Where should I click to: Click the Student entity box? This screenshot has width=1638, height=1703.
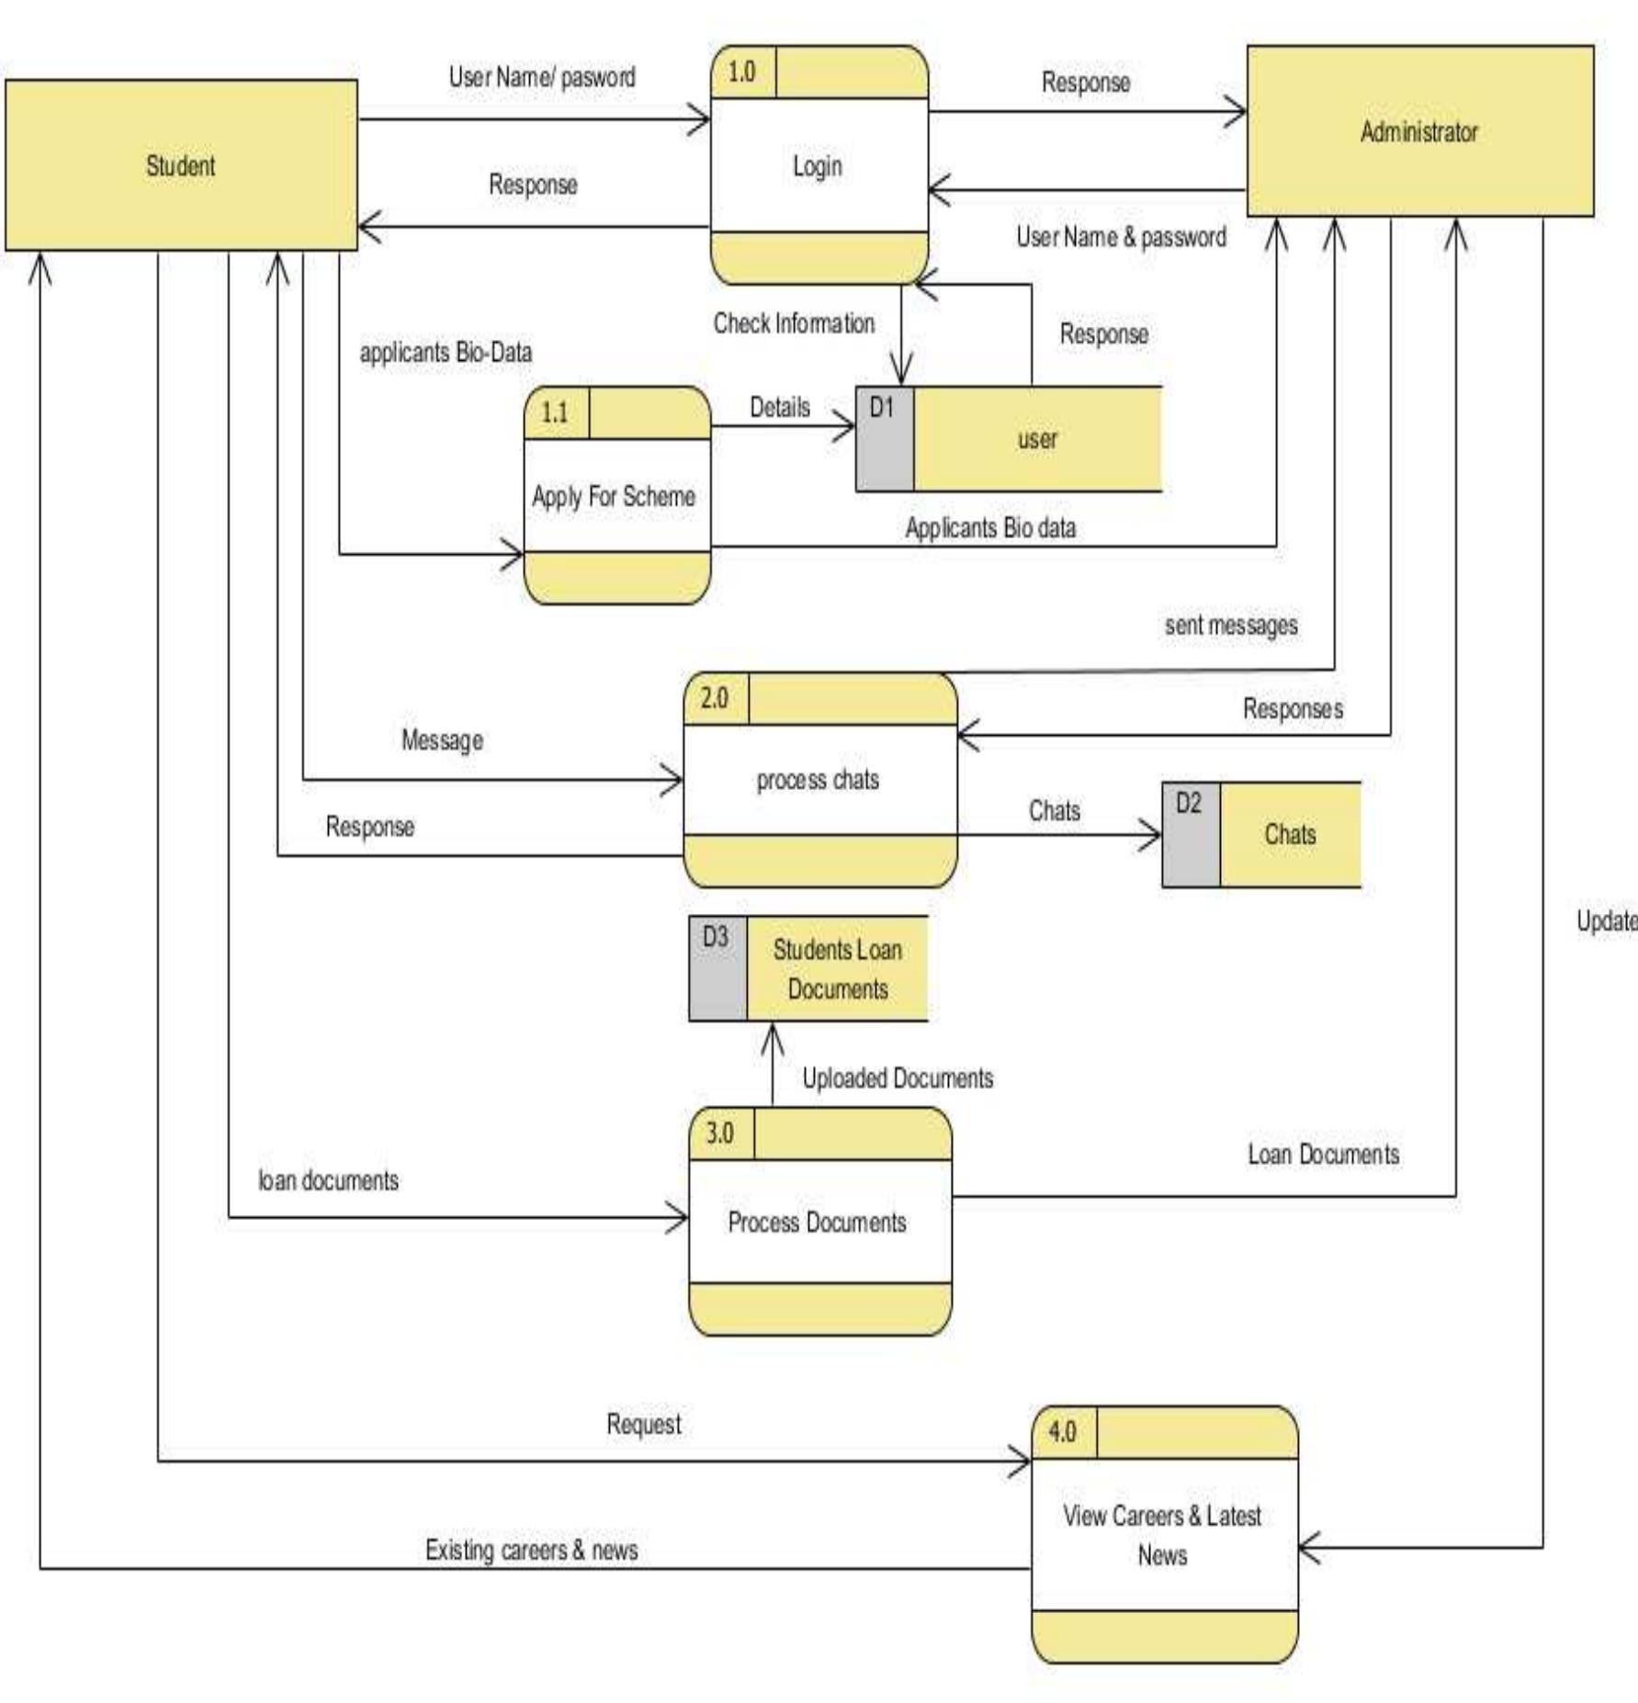coord(181,165)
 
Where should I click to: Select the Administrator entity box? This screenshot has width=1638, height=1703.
coord(1419,131)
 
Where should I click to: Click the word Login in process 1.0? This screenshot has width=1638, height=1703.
coord(818,166)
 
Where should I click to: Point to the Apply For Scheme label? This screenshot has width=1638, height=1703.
coord(614,497)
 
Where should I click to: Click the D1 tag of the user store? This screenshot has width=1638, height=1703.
coord(882,408)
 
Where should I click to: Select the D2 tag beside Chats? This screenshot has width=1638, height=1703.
coord(1188,804)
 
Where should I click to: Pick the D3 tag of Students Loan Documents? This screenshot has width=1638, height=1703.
coord(716,938)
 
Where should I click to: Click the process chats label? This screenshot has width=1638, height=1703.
coord(818,780)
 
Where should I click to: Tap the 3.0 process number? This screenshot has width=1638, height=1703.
coord(720,1133)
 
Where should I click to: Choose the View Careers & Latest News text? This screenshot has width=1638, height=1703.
coord(1162,1535)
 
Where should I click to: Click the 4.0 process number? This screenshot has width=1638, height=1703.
coord(1062,1432)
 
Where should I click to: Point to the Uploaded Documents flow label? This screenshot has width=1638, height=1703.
coord(898,1078)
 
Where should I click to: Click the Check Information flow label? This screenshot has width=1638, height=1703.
coord(794,323)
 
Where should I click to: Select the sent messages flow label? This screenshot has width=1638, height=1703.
coord(1231,626)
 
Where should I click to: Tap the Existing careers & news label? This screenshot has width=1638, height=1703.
coord(531,1551)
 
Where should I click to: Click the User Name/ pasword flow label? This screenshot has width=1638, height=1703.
coord(541,77)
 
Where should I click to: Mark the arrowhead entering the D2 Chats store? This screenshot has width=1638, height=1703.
coord(1153,835)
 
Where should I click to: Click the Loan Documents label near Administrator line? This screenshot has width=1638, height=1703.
coord(1323,1155)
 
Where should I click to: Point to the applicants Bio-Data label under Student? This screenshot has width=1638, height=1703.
coord(446,353)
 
